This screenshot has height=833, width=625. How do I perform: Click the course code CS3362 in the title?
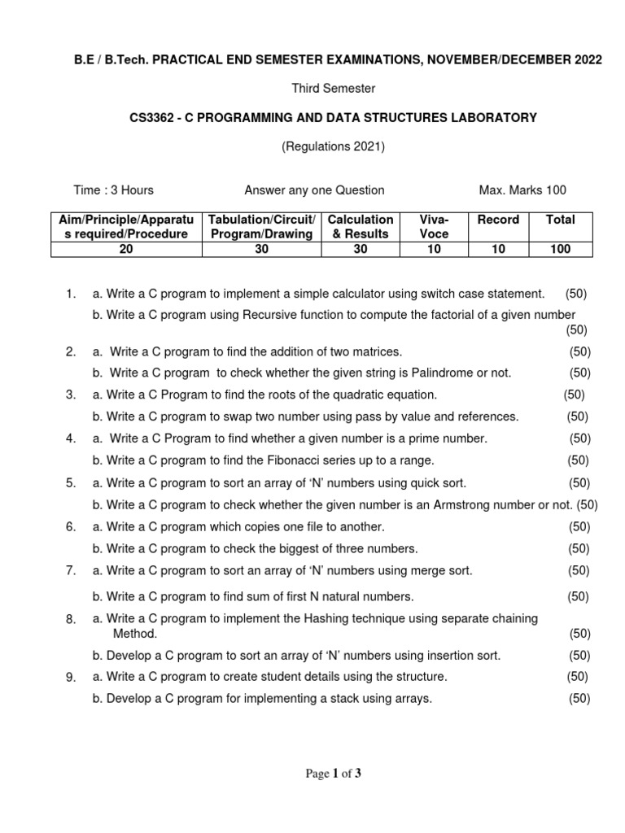(151, 118)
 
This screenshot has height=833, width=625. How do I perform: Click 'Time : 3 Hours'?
(113, 190)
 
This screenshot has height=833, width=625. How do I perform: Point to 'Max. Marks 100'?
(522, 190)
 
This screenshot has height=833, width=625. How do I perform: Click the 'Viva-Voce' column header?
(434, 227)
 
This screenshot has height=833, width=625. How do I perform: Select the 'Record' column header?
(497, 220)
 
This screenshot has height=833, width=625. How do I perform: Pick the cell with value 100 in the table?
(560, 250)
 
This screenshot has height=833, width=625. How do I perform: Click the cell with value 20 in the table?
(126, 250)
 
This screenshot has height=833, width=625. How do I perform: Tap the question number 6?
(71, 526)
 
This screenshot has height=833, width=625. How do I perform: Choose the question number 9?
(71, 677)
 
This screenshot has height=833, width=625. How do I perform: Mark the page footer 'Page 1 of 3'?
(333, 774)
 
